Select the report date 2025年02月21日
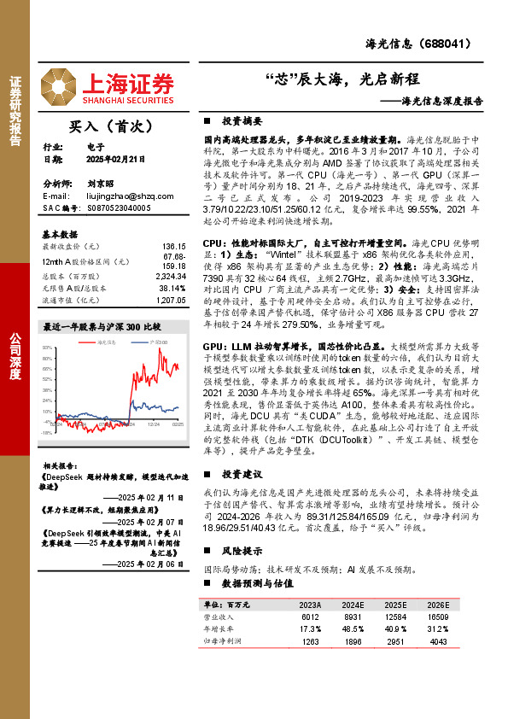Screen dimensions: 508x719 115,159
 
